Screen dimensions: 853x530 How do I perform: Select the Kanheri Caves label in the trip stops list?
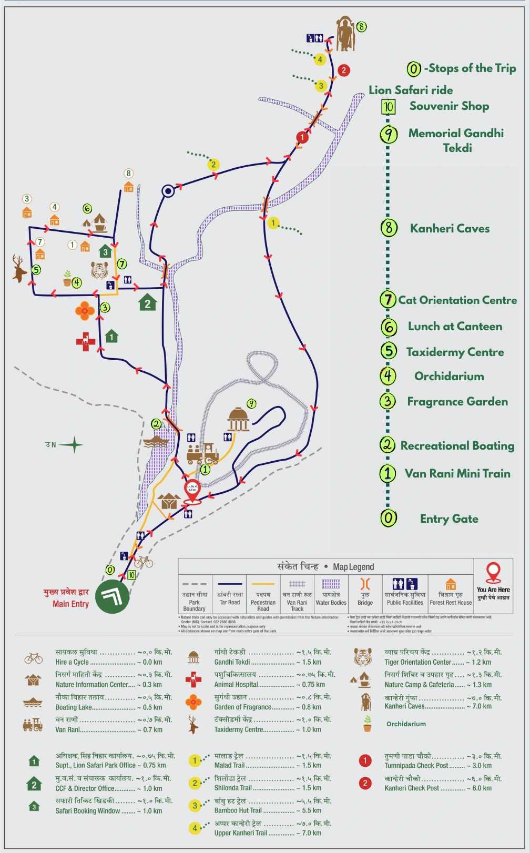coord(450,228)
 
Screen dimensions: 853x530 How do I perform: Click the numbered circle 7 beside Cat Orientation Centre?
coord(388,300)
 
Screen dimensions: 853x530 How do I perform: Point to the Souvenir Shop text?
coord(449,106)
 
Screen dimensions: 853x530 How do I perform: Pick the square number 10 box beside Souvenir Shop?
coord(388,107)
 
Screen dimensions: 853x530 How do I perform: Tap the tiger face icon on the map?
coord(99,270)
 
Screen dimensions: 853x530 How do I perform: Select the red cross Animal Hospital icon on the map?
coord(86,341)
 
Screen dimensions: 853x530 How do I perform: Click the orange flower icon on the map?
coord(85,311)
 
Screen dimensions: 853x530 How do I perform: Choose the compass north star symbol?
coord(74,445)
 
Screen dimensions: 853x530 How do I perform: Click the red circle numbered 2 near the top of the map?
coord(343,70)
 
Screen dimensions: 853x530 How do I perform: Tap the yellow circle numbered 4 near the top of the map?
coord(320,59)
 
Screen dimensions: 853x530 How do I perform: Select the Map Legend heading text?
coord(353,567)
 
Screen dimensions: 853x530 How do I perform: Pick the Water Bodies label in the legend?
coord(331,603)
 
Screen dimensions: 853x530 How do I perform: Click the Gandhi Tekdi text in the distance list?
coord(232,662)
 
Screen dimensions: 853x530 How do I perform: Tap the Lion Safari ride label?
coord(411,90)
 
